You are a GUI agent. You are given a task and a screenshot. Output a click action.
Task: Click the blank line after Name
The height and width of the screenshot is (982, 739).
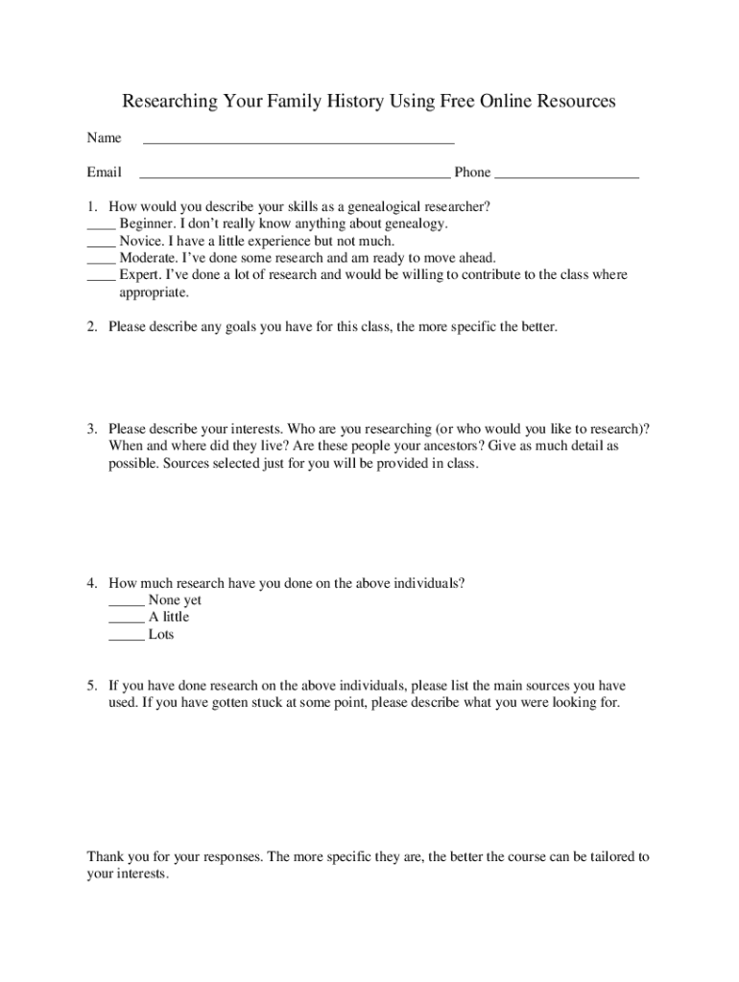tap(298, 141)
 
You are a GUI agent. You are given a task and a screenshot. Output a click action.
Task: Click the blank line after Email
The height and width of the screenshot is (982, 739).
tap(295, 176)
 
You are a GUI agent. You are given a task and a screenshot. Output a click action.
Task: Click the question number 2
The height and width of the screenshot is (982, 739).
tap(91, 327)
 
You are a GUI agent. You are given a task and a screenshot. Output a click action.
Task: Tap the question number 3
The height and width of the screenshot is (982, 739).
tap(91, 429)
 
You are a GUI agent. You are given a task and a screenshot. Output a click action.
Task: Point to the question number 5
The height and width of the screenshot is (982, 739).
tap(91, 686)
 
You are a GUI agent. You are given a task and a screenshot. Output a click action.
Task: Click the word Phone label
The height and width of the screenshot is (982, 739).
tap(472, 173)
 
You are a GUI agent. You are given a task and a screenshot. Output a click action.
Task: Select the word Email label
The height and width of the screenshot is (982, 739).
tap(104, 173)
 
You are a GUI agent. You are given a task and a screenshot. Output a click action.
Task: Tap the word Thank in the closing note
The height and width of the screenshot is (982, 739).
tap(106, 856)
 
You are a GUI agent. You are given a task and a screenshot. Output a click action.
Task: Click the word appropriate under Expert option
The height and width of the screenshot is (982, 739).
tap(154, 292)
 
